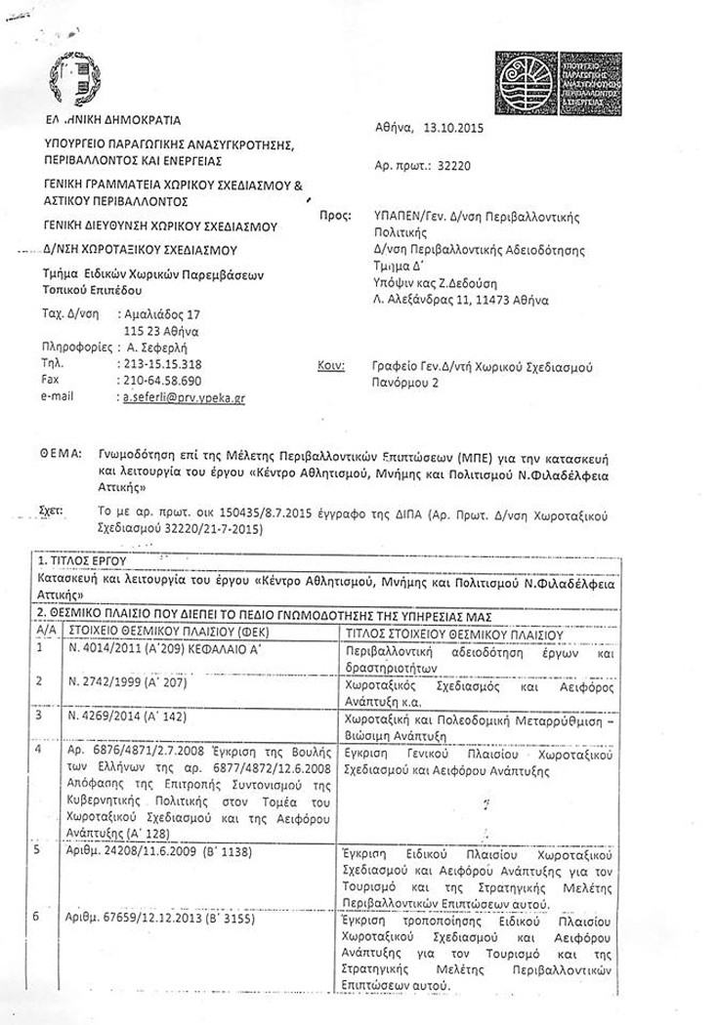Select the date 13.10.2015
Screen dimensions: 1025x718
coord(454,126)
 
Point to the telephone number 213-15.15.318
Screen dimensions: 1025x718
coord(158,364)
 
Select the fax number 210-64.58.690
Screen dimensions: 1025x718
coord(158,381)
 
